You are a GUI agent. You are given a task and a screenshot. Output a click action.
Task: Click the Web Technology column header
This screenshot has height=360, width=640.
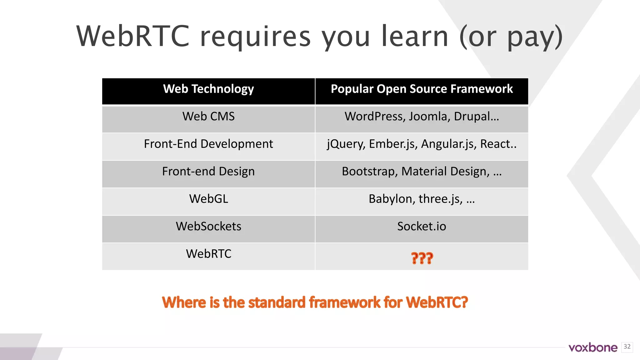point(208,89)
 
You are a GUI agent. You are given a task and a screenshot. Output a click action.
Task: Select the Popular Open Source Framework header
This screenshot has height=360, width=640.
point(422,89)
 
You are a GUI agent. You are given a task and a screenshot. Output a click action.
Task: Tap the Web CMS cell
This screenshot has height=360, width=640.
point(208,117)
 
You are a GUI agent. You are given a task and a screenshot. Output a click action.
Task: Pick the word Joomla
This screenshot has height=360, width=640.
point(429,117)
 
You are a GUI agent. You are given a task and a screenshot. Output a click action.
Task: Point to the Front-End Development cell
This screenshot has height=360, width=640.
point(208,144)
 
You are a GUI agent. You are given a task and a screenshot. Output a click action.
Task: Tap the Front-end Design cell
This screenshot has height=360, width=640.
point(208,172)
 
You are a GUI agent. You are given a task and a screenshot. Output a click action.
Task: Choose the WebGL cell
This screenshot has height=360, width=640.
point(208,199)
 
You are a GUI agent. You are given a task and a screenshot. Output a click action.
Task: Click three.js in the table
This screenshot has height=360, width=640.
point(440,199)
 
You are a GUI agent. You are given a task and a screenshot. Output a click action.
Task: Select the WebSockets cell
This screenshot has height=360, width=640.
point(208,227)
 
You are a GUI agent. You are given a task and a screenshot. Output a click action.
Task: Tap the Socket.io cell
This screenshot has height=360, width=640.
point(422,227)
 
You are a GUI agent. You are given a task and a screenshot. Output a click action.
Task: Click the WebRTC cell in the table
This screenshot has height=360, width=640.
point(208,254)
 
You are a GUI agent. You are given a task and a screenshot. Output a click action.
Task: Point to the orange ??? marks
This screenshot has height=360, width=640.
point(422,258)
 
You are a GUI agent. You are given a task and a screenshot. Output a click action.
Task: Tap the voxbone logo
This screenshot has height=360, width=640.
point(593,347)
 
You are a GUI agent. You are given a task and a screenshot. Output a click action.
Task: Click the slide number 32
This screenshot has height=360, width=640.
point(627,347)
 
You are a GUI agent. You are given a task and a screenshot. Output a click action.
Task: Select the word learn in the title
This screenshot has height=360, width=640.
point(415,37)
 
